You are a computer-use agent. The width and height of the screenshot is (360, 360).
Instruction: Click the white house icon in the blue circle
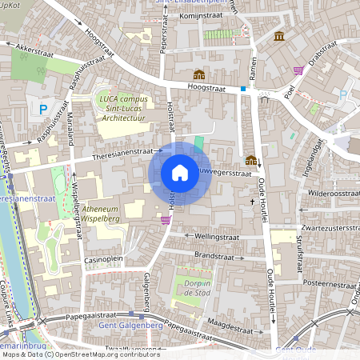[180, 172]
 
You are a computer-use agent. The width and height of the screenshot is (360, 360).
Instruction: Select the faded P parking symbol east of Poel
[342, 95]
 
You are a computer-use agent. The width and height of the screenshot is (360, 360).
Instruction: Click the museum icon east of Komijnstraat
[279, 37]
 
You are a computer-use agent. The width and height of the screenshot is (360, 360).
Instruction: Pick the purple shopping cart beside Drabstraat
[298, 70]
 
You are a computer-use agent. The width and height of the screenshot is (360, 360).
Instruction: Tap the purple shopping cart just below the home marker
[166, 219]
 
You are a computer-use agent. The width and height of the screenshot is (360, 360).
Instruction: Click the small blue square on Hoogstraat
[243, 89]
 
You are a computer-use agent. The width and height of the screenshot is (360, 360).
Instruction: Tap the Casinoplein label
[105, 260]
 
